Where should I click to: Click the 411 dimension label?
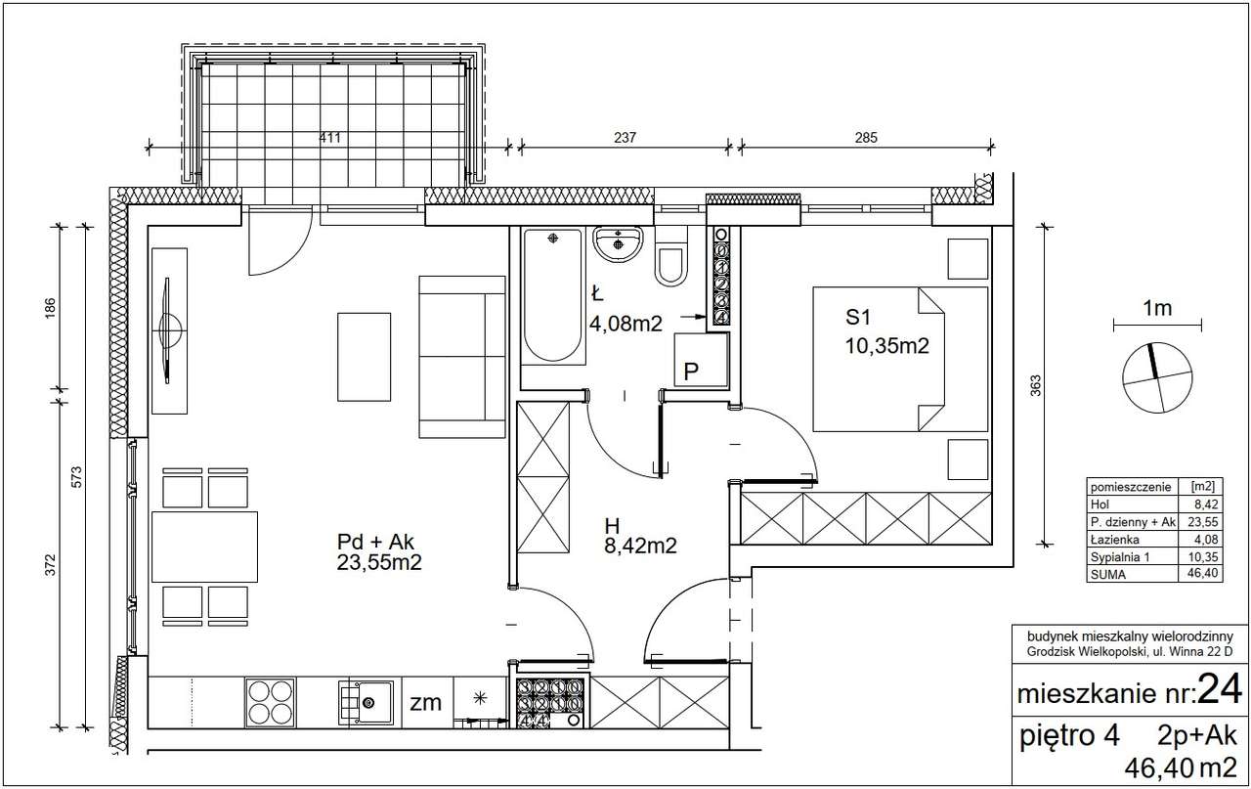click(329, 138)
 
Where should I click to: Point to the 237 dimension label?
click(625, 138)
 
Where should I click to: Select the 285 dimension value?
click(866, 138)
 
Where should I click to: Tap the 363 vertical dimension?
click(1035, 385)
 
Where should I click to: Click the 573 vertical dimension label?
click(76, 477)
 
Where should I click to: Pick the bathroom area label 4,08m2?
click(625, 324)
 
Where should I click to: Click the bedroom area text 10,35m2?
click(886, 346)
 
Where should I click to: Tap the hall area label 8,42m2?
click(640, 546)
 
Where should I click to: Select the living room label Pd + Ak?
click(375, 542)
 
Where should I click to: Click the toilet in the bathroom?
click(670, 257)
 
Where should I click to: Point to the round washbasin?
click(618, 244)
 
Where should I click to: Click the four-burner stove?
click(271, 702)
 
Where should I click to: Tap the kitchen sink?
click(366, 702)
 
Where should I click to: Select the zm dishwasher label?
click(425, 702)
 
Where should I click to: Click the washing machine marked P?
click(702, 360)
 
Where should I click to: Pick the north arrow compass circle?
click(1158, 377)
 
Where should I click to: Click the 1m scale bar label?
click(1157, 308)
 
